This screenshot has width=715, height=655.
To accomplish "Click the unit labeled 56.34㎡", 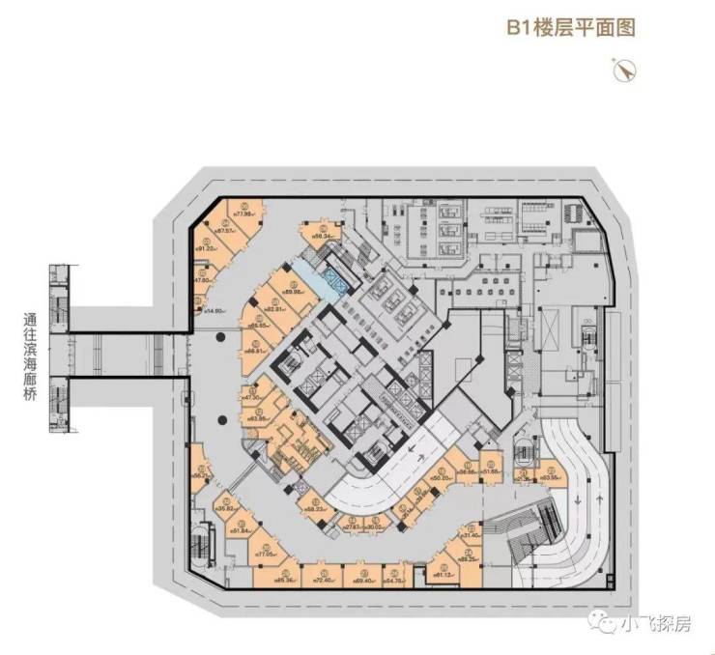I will click(323, 235).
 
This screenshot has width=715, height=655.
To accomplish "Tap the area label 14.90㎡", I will click(214, 311).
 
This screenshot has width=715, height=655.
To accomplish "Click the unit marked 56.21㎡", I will click(200, 473).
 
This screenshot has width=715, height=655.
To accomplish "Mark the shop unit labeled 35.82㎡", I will click(227, 507).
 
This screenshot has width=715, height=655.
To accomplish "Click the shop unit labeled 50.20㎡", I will click(443, 475).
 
